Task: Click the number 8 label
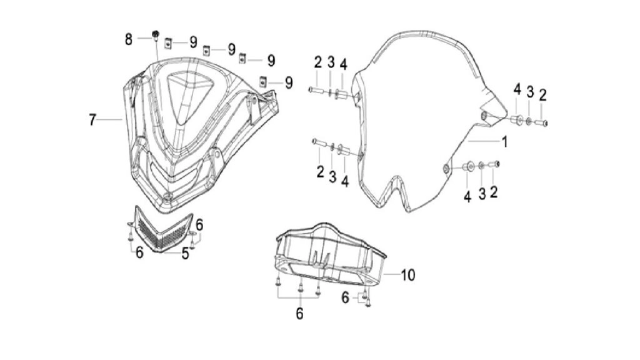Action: [x=129, y=39]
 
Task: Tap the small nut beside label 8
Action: [x=156, y=35]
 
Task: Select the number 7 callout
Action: [x=92, y=120]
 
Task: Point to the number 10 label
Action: [x=407, y=275]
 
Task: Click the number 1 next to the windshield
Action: [x=505, y=142]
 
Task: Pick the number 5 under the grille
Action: [x=185, y=254]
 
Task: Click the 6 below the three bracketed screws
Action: [x=299, y=314]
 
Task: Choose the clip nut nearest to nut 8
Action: [x=168, y=43]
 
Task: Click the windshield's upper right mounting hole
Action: [x=484, y=116]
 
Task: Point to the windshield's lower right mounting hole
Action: [x=447, y=169]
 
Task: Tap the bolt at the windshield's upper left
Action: [x=316, y=89]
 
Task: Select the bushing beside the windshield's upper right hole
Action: [x=517, y=120]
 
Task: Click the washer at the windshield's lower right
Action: [x=482, y=165]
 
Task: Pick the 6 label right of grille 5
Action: [x=199, y=225]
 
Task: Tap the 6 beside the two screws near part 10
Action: [x=345, y=298]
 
